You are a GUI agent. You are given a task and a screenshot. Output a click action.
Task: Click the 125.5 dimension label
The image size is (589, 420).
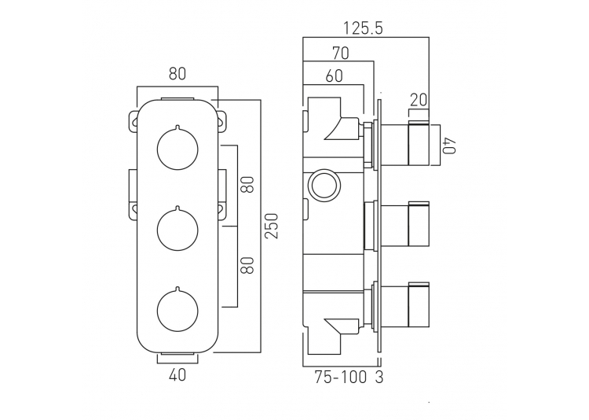point(363,28)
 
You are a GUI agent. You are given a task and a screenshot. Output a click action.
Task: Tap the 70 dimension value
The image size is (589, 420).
point(340,53)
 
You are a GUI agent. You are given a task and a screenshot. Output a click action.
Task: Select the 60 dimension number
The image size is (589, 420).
point(334,76)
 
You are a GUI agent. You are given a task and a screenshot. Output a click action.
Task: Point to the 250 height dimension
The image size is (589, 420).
point(272,226)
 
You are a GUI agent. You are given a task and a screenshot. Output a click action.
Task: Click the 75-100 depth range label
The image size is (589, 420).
point(340,377)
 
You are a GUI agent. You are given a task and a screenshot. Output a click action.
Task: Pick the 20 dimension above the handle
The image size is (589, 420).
point(419,100)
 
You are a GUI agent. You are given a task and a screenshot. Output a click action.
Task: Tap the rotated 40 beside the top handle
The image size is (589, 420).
point(449,146)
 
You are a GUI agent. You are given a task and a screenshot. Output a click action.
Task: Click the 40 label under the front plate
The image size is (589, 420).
point(177,374)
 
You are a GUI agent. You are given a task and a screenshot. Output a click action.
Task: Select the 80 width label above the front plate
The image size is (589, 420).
point(177,74)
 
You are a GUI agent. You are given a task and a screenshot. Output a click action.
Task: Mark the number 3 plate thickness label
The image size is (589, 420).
point(379,377)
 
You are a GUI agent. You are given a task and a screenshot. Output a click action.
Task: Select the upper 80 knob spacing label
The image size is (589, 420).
point(248,184)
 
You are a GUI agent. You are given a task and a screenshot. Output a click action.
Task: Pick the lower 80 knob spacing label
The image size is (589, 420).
point(248,265)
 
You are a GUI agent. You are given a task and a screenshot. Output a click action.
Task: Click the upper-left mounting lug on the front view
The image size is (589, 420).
point(133,122)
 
